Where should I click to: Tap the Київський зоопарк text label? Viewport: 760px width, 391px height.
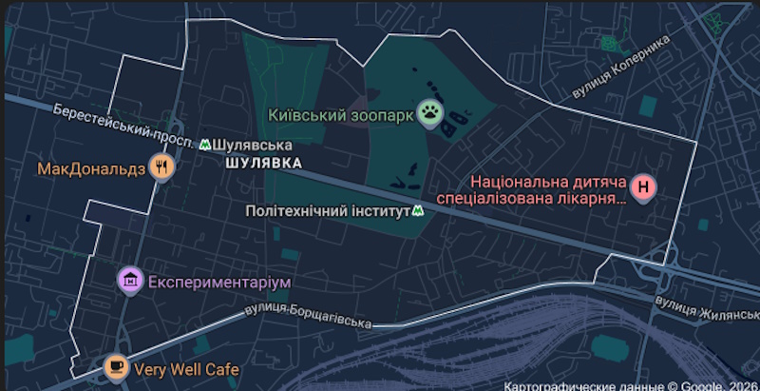tap(341, 115)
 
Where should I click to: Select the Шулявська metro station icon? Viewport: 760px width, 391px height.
tap(205, 145)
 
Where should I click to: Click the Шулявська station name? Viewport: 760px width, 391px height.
tap(252, 145)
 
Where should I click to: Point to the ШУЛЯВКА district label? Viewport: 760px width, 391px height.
tap(264, 163)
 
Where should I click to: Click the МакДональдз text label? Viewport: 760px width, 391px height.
tap(90, 169)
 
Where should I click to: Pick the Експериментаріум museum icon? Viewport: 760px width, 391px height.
tap(130, 282)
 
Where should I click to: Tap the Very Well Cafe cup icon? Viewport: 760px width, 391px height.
tap(116, 366)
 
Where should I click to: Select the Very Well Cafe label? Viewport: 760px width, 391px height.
tap(186, 368)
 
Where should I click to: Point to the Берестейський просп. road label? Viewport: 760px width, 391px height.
tap(124, 124)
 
